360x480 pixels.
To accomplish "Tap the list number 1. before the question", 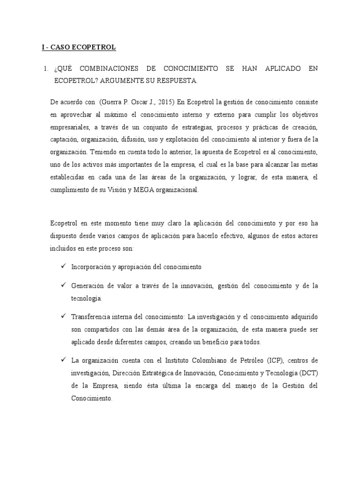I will click(45, 68).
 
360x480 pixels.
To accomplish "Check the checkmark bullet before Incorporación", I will click(63, 266).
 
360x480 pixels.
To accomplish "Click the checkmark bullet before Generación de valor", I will click(63, 285).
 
